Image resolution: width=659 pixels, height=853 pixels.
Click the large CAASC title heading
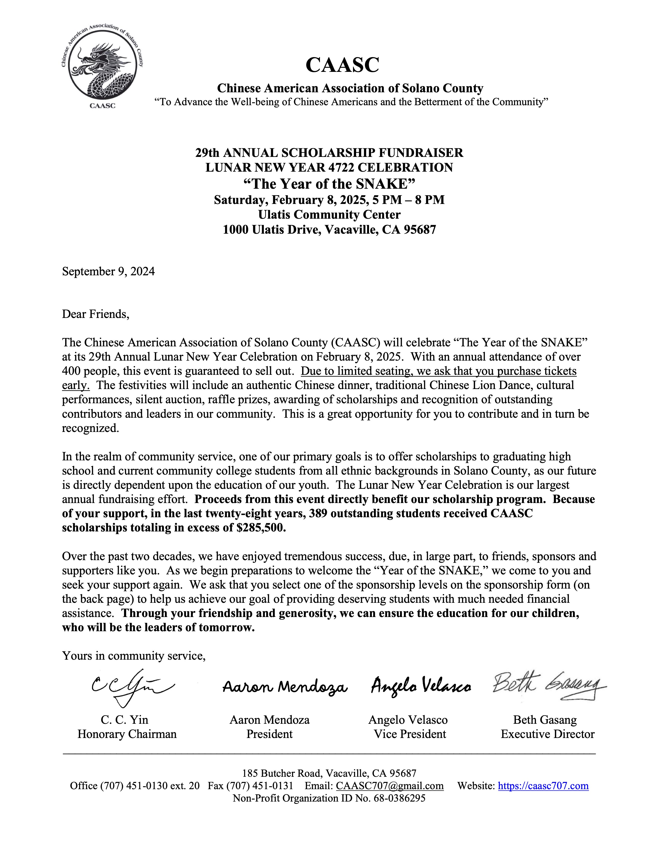342,65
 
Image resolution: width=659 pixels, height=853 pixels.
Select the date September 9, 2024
108,271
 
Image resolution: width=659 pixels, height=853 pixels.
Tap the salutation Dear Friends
95,314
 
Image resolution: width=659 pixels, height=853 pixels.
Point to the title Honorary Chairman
127,734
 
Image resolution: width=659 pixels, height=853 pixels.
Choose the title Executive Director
547,734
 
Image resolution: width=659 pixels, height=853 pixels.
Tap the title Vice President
410,734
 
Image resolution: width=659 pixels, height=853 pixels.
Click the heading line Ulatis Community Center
329,215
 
